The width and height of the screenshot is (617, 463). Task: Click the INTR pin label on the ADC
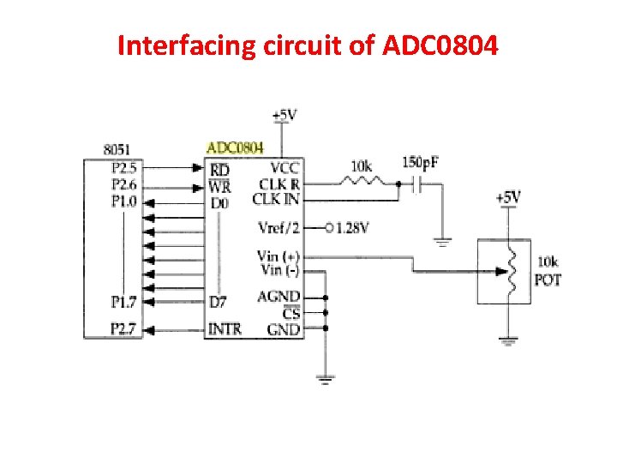(x=225, y=328)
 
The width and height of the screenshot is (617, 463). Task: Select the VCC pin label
(x=285, y=168)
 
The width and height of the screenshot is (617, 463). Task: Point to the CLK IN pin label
(x=276, y=200)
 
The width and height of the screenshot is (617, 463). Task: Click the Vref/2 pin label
(x=279, y=228)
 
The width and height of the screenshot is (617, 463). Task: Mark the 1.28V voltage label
(x=352, y=228)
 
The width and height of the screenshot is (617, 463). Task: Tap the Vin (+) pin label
(x=279, y=256)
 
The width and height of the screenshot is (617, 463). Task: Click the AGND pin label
(x=279, y=297)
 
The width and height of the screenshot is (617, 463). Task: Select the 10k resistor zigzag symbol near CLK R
(x=361, y=183)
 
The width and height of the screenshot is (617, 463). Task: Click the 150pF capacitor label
(x=421, y=163)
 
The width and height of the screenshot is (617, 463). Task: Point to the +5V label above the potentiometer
(x=508, y=198)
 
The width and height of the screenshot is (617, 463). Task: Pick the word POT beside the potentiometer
(x=548, y=280)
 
